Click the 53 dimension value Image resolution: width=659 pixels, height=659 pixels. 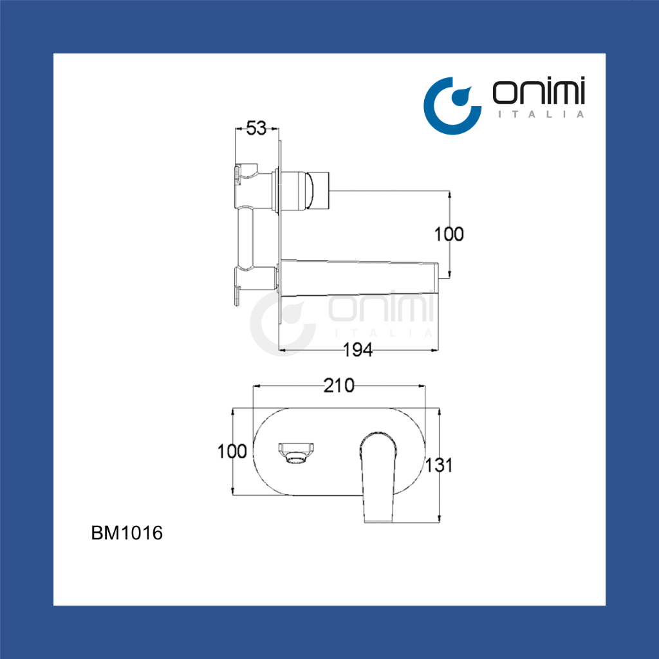point(256,128)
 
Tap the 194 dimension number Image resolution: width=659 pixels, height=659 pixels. point(358,349)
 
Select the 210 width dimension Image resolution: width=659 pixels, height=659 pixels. point(339,385)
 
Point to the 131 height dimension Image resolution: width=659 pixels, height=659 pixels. point(439,465)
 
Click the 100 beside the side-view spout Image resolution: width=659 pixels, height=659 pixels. point(449,234)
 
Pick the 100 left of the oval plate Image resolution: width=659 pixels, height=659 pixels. point(232,451)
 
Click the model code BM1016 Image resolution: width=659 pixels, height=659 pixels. point(127,533)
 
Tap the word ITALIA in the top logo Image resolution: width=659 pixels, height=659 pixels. point(541,114)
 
